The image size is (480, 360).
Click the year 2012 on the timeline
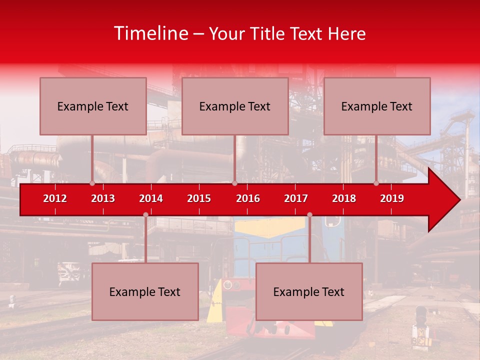tap(55, 198)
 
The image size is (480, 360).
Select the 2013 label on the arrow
tap(103, 198)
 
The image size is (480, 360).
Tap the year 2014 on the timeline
tap(151, 198)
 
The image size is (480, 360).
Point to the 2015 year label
tap(199, 198)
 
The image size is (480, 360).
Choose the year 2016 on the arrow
tap(248, 198)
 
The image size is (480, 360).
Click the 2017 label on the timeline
tap(296, 198)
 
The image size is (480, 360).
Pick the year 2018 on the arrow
tap(344, 198)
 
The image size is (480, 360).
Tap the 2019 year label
tap(392, 198)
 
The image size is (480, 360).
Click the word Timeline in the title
tap(150, 33)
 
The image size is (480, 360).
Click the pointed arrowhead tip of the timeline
tap(458, 200)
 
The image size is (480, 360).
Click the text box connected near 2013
tap(93, 106)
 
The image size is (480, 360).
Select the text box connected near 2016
tap(235, 106)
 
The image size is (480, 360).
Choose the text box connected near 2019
tap(377, 106)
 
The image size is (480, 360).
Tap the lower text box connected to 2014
tap(145, 291)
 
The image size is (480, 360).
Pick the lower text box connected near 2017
tap(309, 291)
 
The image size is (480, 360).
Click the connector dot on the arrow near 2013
tap(92, 183)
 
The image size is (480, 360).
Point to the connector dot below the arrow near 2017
tap(309, 215)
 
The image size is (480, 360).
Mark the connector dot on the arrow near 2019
tap(376, 183)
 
